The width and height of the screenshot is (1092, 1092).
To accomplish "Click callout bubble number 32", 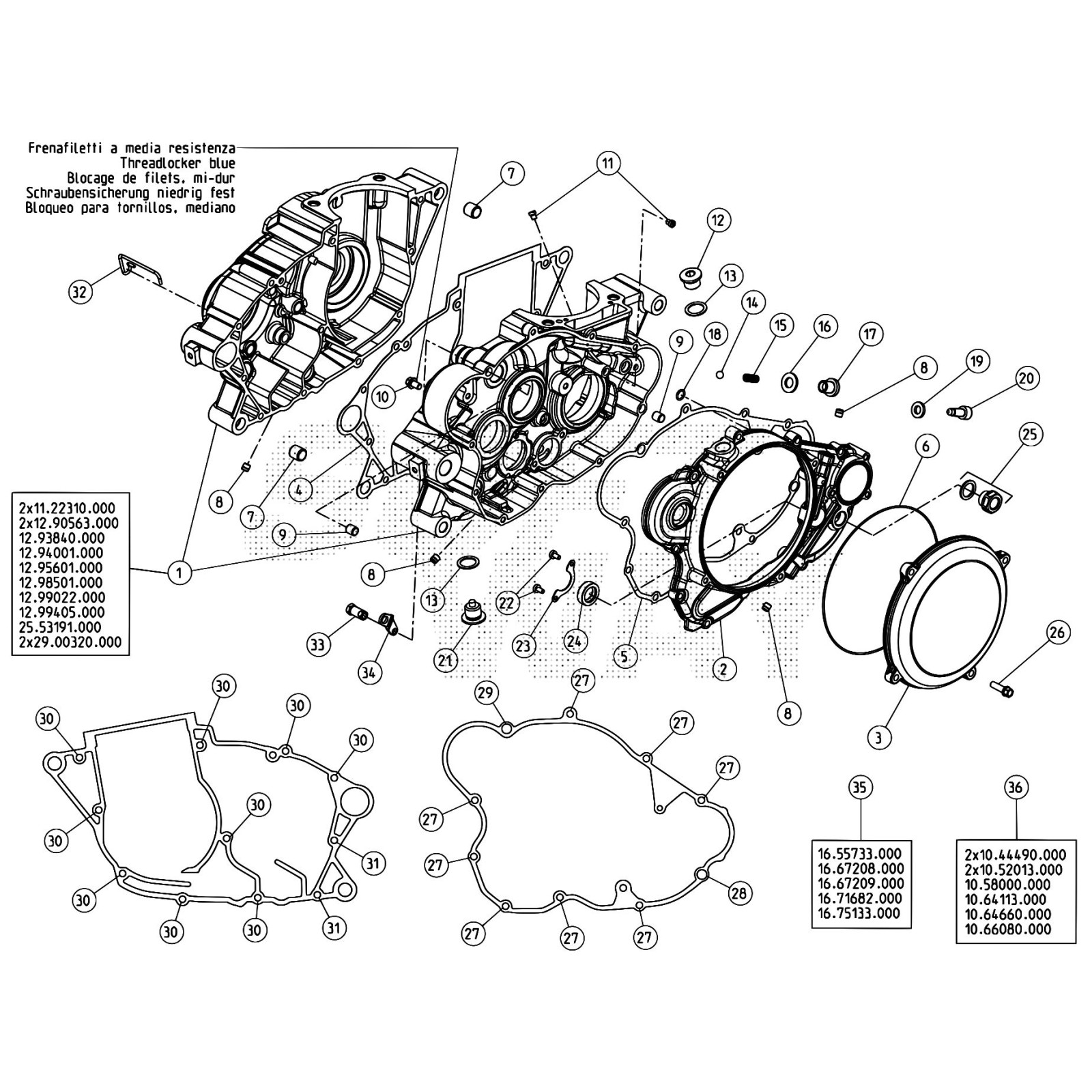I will pos(81,292).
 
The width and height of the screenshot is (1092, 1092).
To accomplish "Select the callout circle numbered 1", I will pos(179,572).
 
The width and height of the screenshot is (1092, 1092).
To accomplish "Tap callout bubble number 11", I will pos(607,163).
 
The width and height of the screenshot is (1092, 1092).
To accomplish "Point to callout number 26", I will pos(1057,633).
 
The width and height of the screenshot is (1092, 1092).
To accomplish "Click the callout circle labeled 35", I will pos(859,788).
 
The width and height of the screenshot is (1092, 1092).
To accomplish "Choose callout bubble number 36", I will pos(1015,788).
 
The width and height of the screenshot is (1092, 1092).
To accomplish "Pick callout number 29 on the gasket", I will pos(485,693).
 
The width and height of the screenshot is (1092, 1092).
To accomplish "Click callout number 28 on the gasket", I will pos(741,893).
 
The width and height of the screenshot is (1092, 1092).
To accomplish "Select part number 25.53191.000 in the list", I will pos(61,627).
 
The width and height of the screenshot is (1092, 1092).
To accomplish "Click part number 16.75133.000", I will pos(859,913).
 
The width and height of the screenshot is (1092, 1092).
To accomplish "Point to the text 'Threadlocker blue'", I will pos(177,163).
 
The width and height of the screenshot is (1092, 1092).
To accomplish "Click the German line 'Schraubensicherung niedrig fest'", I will pos(130,193).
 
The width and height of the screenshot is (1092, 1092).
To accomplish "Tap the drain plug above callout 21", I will pos(469,612).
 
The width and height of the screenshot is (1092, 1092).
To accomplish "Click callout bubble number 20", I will pos(1026,378).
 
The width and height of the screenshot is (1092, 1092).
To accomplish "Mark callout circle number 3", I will pos(878,738).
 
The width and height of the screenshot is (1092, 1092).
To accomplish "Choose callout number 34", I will pos(369,673).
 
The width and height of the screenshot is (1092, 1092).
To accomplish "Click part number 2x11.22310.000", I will pos(67,508).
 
